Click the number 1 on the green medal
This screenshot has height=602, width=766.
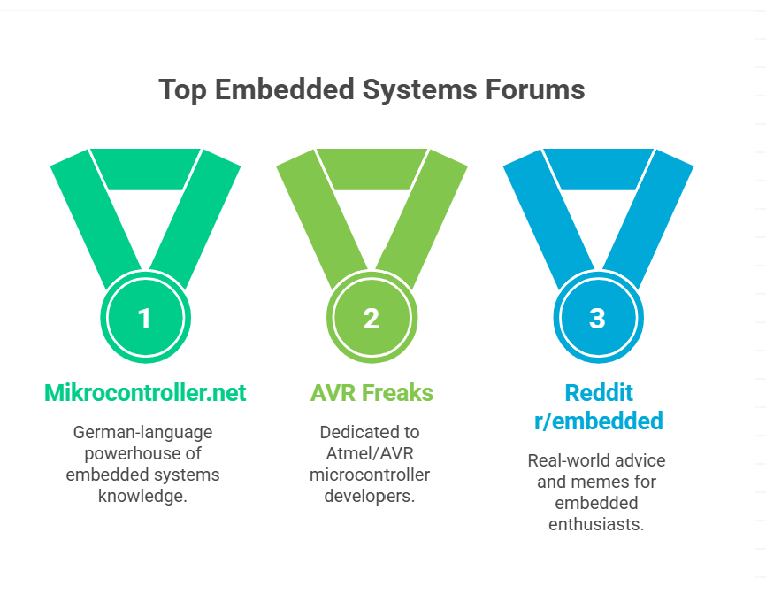[x=144, y=319]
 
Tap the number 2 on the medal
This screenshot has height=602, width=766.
[x=372, y=319]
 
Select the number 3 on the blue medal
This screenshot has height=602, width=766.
[x=597, y=319]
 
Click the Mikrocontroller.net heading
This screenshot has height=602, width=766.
[x=145, y=393]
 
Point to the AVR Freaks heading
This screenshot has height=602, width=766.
[x=372, y=393]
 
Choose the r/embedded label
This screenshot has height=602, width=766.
[x=599, y=421]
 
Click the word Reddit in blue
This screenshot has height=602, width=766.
[x=599, y=393]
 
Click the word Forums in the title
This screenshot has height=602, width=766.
[x=535, y=89]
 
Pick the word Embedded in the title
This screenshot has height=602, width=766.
[x=284, y=89]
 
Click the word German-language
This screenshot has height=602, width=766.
[x=142, y=433]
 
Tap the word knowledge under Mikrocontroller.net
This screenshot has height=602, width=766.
[x=142, y=497]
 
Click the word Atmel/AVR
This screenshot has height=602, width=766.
[x=370, y=454]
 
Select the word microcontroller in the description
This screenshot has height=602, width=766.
[x=370, y=475]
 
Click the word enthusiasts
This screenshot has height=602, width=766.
[x=596, y=524]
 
